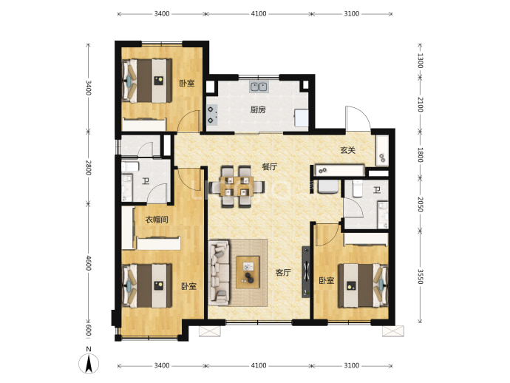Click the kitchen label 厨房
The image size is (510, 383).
[258, 110]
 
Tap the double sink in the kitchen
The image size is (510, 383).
[259, 87]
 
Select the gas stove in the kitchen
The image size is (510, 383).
[212, 115]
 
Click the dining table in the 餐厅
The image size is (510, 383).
[237, 186]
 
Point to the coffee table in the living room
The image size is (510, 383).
[248, 272]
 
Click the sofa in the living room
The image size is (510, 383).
[219, 273]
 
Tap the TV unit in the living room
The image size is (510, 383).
[306, 272]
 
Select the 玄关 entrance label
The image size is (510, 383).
[347, 150]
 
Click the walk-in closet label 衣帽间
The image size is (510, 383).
[157, 220]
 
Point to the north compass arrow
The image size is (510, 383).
[89, 364]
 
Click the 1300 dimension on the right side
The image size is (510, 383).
[421, 61]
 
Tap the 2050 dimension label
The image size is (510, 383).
[421, 204]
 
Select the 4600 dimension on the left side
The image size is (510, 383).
[89, 263]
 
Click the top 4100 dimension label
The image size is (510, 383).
[259, 13]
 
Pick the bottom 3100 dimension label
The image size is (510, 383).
[352, 365]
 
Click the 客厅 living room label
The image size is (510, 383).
[283, 272]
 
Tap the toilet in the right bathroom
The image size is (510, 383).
[357, 189]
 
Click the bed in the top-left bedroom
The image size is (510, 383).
[146, 81]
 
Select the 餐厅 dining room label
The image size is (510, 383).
[270, 167]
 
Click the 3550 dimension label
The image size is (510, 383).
[421, 277]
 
